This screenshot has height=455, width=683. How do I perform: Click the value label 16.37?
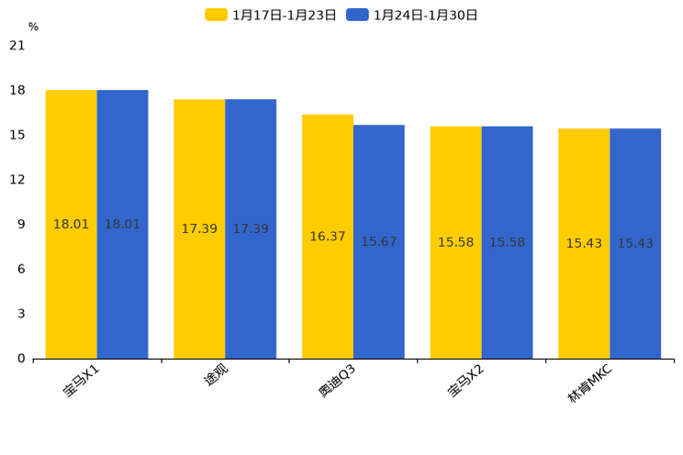pyautogui.click(x=328, y=237)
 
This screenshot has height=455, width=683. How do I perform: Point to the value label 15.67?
pyautogui.click(x=379, y=242)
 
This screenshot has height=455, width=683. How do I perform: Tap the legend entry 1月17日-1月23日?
pyautogui.click(x=272, y=15)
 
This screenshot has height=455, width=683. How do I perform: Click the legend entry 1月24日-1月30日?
pyautogui.click(x=413, y=15)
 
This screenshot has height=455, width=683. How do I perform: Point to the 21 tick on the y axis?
pyautogui.click(x=17, y=45)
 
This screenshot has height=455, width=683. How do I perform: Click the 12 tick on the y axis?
pyautogui.click(x=17, y=180)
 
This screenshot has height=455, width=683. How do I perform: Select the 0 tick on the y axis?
pyautogui.click(x=21, y=359)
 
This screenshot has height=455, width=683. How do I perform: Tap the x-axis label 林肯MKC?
pyautogui.click(x=589, y=384)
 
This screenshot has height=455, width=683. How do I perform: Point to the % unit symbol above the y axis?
pyautogui.click(x=33, y=27)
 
